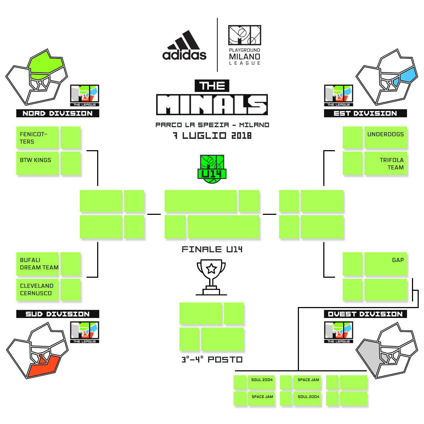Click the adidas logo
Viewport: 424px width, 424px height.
pos(184,46)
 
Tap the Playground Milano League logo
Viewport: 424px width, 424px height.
pos(245,45)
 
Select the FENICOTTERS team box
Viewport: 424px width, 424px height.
pos(37,138)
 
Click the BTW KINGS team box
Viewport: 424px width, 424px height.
pos(37,163)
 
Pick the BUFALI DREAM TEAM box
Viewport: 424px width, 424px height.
pos(37,264)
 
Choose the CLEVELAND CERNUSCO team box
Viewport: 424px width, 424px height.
pos(37,290)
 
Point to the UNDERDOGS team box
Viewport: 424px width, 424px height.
pos(385,137)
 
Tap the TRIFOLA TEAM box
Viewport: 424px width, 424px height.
pos(385,164)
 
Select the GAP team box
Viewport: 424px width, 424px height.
pos(385,264)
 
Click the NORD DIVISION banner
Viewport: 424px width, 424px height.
pos(58,113)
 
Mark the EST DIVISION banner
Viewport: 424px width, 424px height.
pos(365,113)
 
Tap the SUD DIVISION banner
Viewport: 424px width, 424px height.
pos(58,314)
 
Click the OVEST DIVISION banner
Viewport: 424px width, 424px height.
pos(365,314)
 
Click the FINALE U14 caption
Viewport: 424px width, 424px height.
pos(212,249)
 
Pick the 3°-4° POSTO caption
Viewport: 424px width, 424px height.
pos(212,360)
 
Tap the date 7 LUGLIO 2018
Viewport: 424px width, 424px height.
pos(212,136)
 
